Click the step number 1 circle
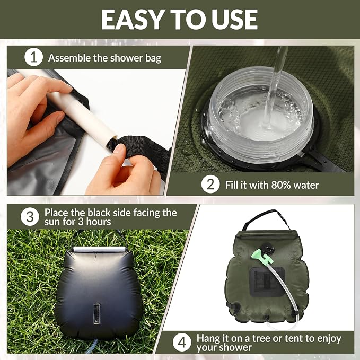click(33, 57)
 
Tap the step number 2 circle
click(210, 184)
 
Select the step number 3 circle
click(30, 217)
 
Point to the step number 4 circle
click(182, 343)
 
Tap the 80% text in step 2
click(281, 185)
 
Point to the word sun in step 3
click(52, 222)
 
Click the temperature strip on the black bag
click(97, 314)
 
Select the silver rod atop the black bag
click(100, 249)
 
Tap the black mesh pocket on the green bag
click(267, 282)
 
